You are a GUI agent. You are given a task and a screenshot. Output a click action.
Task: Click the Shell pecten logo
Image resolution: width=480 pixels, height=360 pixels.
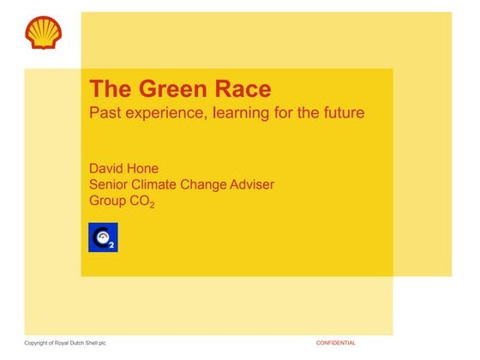pyautogui.click(x=43, y=32)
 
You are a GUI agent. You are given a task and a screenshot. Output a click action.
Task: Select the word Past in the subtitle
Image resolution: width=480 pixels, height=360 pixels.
pyautogui.click(x=106, y=112)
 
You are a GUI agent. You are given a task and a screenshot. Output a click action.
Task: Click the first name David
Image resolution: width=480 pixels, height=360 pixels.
pyautogui.click(x=110, y=165)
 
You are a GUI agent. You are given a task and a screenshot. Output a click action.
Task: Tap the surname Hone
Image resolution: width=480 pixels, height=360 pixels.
pyautogui.click(x=153, y=165)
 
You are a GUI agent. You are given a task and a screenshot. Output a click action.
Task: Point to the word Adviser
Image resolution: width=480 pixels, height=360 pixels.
pyautogui.click(x=272, y=183)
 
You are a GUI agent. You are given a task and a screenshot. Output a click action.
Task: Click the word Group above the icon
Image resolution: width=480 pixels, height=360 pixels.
pyautogui.click(x=111, y=202)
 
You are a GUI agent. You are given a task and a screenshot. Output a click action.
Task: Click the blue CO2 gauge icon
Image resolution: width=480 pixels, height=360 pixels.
pyautogui.click(x=104, y=237)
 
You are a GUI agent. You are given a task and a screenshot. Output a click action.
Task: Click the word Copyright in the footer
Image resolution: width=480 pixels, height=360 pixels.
pyautogui.click(x=39, y=343)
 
